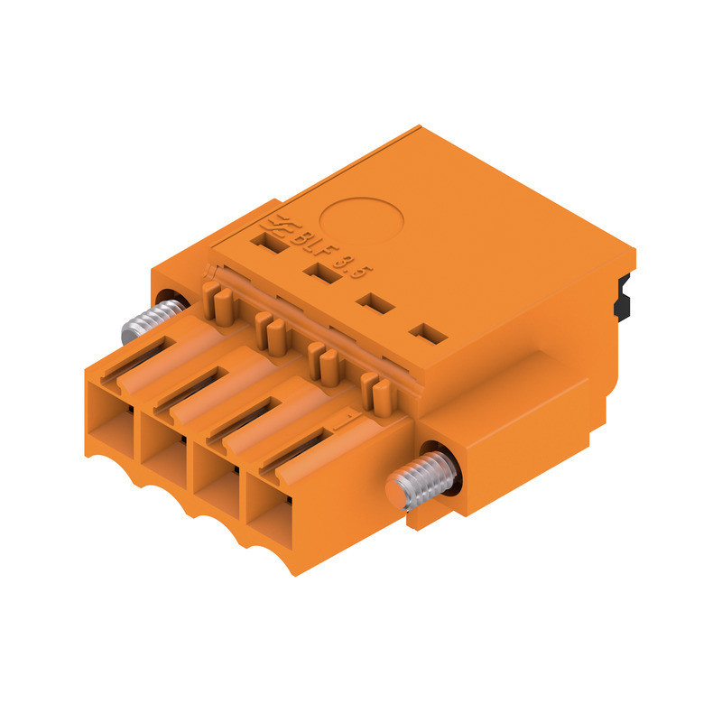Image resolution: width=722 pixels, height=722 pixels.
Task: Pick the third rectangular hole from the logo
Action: (x=373, y=303)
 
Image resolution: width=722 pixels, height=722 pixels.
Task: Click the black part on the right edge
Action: (x=621, y=298)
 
